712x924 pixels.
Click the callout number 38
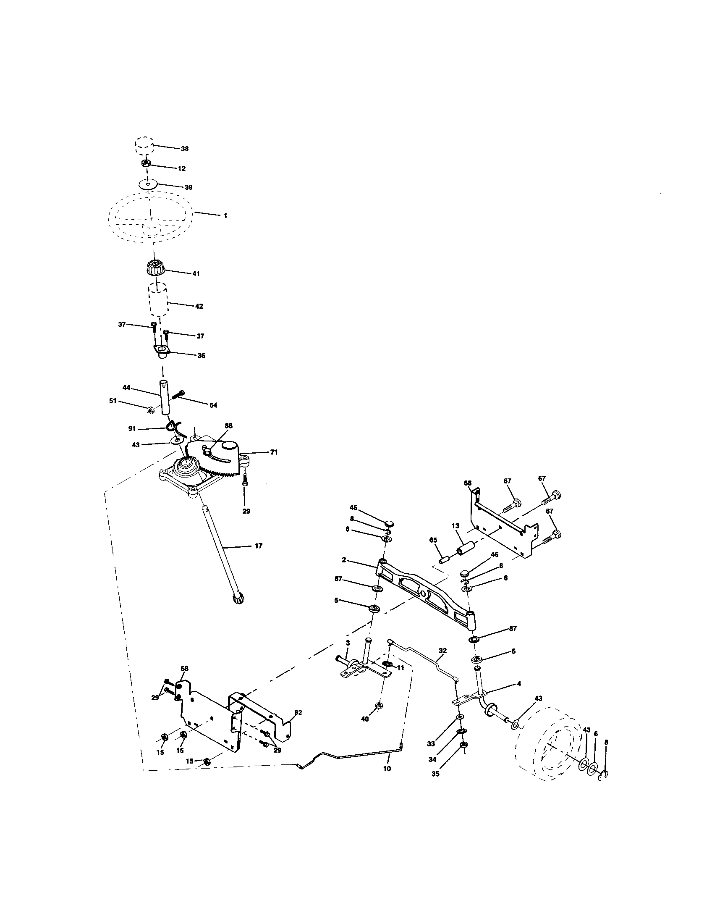pos(185,149)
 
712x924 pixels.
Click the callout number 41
pos(196,273)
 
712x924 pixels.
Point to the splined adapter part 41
pos(156,268)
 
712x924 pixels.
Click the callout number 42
pos(199,306)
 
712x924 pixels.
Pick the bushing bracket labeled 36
pos(162,351)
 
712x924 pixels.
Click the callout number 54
pos(213,405)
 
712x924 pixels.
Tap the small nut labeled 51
pos(150,409)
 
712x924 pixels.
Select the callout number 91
pos(132,428)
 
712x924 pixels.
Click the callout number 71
pos(274,452)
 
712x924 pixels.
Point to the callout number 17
pos(258,546)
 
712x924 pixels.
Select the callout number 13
pos(455,525)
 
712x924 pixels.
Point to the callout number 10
pos(387,768)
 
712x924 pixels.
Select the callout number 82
pos(298,712)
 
